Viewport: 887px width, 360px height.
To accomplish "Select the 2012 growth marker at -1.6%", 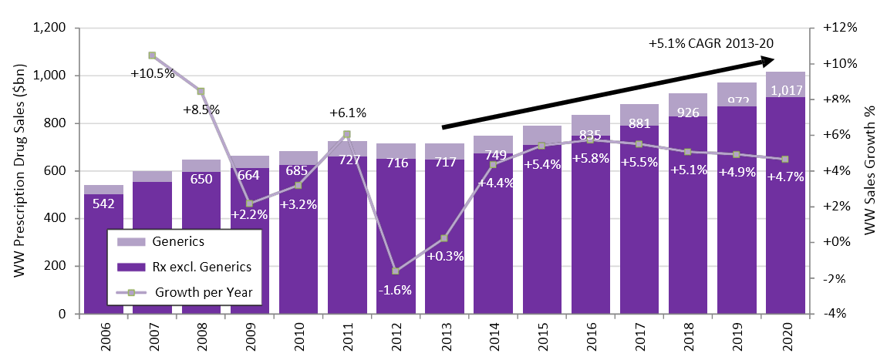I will pos(395,271).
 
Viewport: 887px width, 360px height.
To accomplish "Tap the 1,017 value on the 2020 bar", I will pos(786,90).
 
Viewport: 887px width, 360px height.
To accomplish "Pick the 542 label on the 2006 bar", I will pos(103,204).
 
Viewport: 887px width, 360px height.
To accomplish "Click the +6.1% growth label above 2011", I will pos(347,113).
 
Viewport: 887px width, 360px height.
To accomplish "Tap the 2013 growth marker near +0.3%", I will pos(443,238).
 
